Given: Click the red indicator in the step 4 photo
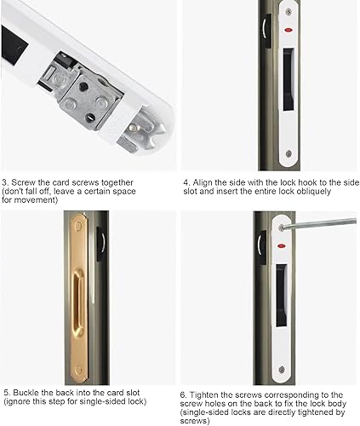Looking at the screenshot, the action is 289,29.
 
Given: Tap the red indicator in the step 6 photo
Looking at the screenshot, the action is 281,245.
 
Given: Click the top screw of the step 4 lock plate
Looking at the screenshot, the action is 289,12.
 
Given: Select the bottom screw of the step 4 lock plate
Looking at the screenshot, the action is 289,154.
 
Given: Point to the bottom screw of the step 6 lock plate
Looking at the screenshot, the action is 282,370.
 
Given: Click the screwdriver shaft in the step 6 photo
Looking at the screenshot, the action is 319,223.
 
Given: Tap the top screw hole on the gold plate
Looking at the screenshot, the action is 78,227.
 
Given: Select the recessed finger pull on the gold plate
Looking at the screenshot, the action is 77,302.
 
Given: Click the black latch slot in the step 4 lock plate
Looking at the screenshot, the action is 289,79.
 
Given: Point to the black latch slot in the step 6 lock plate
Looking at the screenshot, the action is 282,296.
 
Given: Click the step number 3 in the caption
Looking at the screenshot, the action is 4,182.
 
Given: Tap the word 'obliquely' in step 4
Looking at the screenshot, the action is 314,191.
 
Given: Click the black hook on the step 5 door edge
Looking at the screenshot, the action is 101,244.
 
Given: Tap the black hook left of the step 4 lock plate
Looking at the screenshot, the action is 266,31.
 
